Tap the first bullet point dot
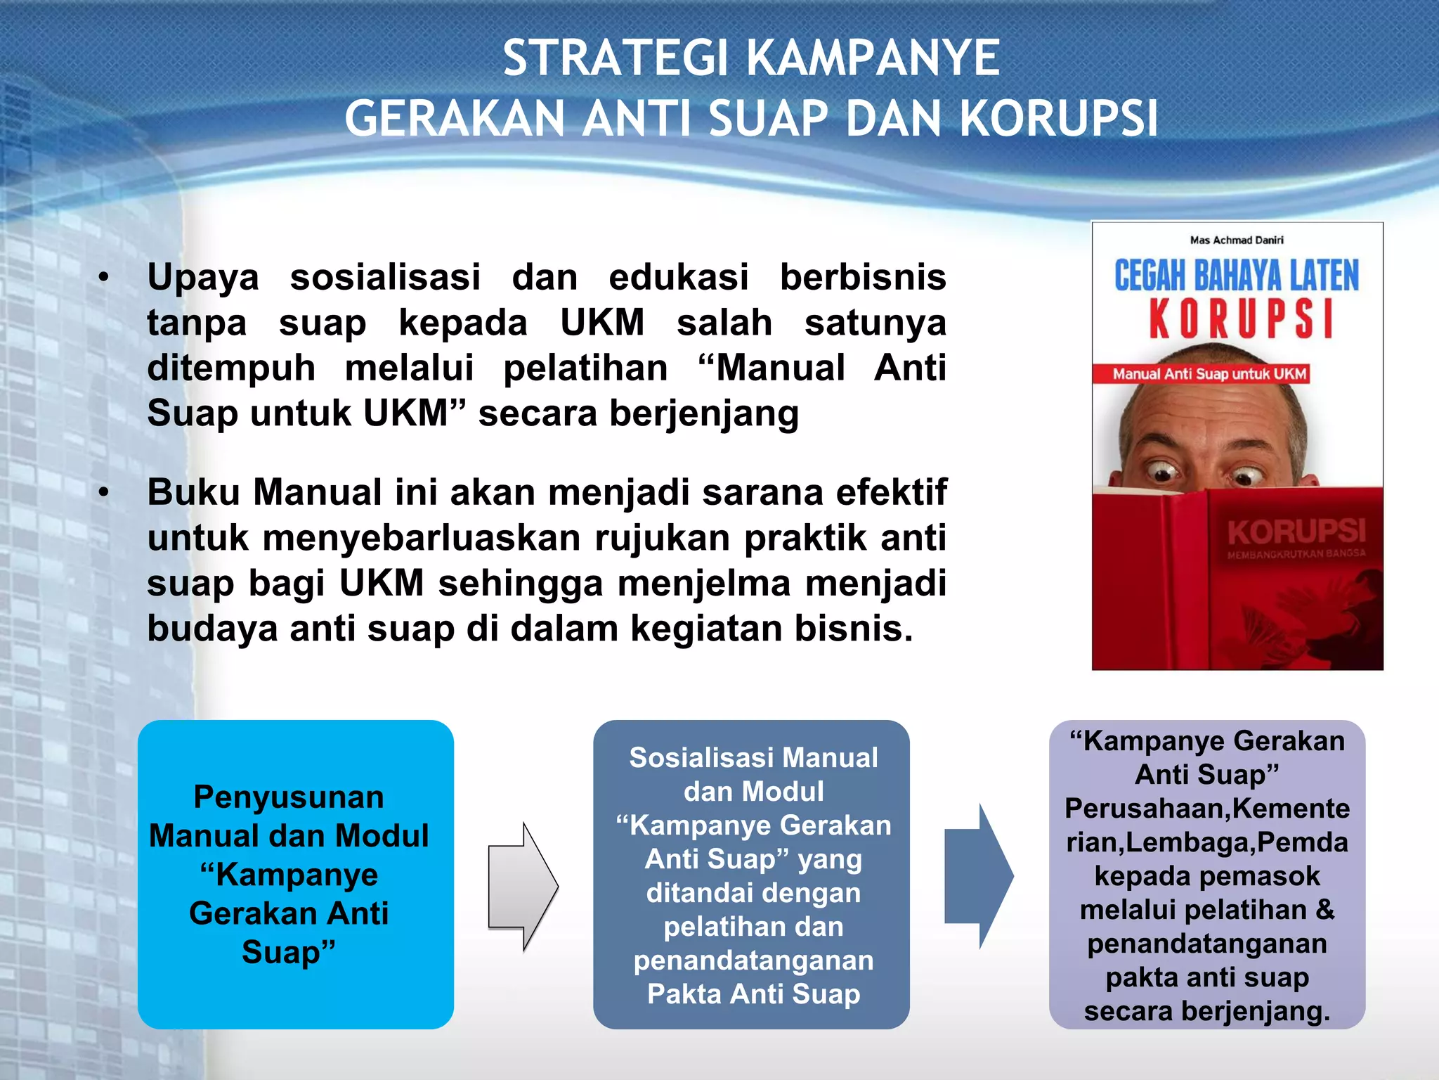click(x=104, y=278)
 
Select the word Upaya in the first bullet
click(x=203, y=277)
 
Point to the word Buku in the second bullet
click(x=193, y=492)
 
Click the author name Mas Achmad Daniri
click(x=1237, y=240)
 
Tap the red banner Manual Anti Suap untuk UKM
click(x=1209, y=374)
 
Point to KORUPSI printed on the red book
click(x=1296, y=532)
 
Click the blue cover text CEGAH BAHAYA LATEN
click(x=1237, y=276)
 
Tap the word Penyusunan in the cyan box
click(x=289, y=797)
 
